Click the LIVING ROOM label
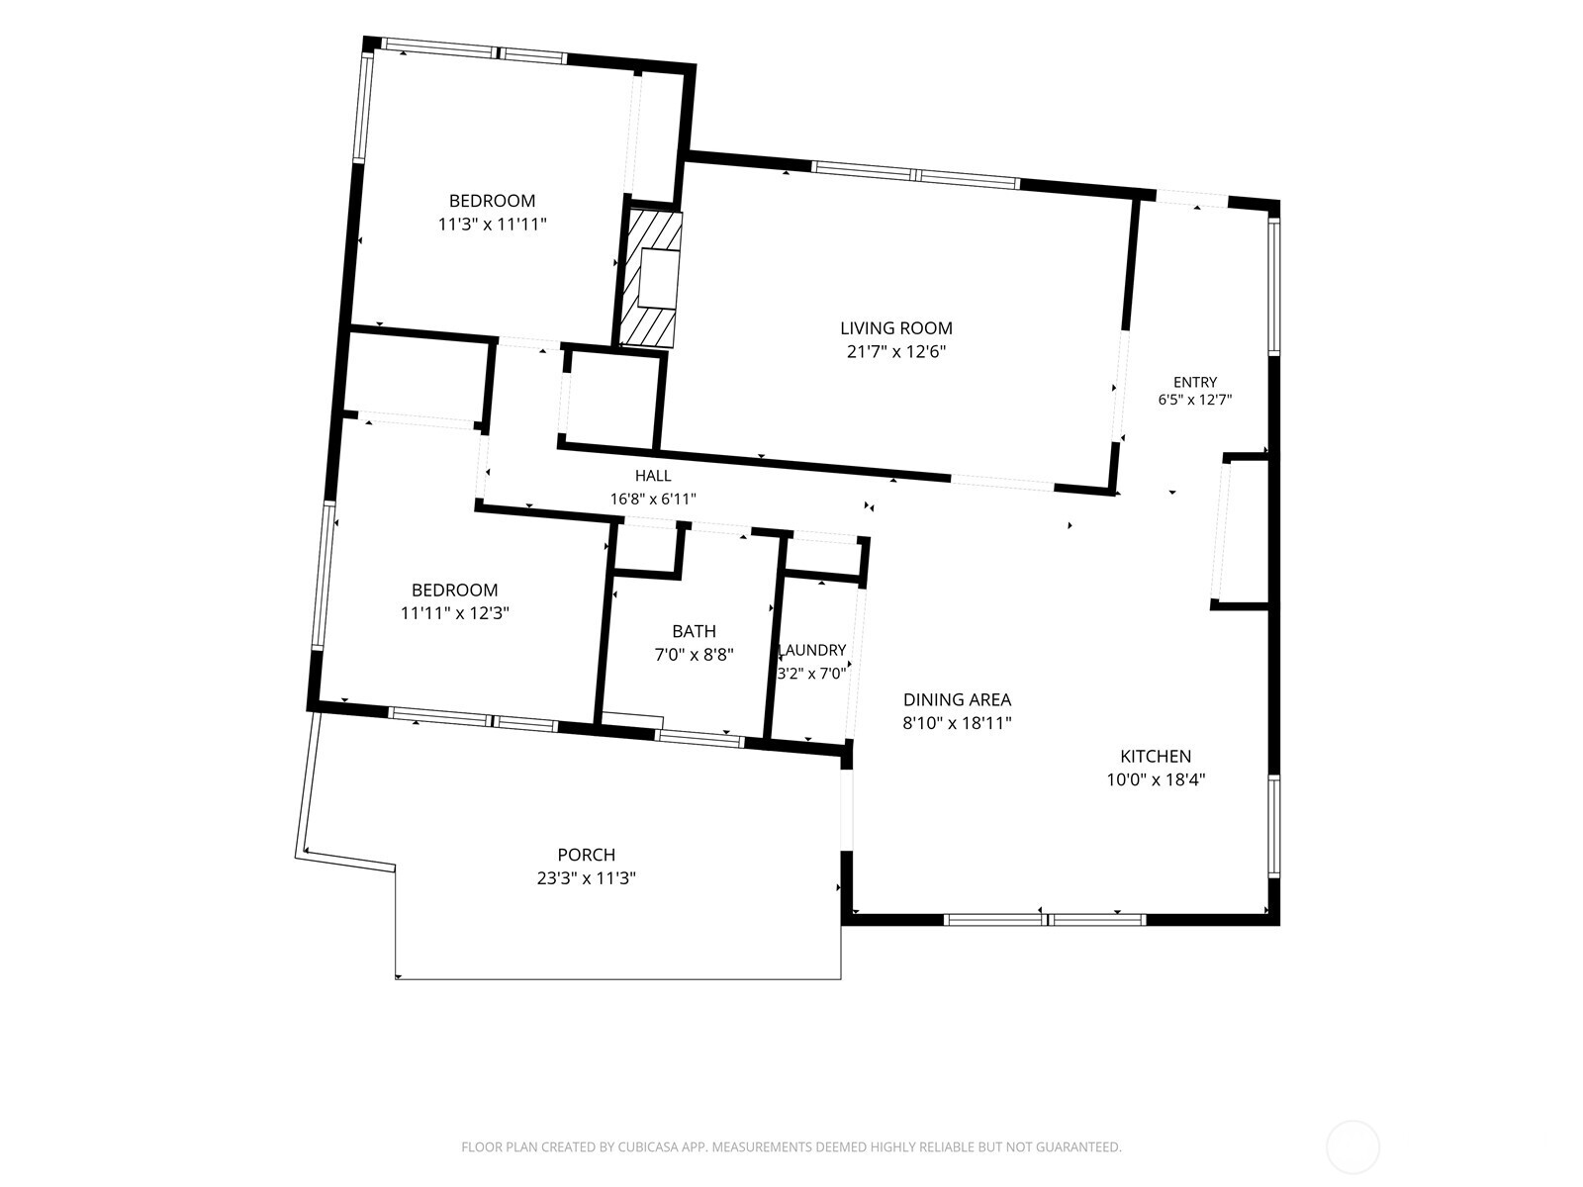coord(895,328)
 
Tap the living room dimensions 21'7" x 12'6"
coord(895,352)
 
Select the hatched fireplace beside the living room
coord(650,279)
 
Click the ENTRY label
coord(1195,382)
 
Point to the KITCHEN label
coord(1156,756)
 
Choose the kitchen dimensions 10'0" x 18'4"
coord(1156,779)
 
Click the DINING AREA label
coord(957,699)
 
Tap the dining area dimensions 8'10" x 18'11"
coord(957,723)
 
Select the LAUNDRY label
coord(813,650)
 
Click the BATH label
coord(694,631)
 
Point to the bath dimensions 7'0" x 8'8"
coord(694,655)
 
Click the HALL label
coord(653,476)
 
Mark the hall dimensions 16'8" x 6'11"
coord(653,499)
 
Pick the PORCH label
coord(587,855)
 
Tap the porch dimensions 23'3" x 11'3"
coord(587,877)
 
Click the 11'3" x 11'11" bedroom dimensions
coord(493,225)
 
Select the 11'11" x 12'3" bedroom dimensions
coord(455,613)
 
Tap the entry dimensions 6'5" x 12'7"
coord(1195,400)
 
